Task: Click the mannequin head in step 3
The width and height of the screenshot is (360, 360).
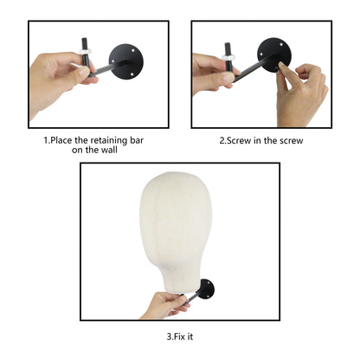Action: (x=176, y=231)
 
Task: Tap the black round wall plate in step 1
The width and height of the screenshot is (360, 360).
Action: (x=126, y=61)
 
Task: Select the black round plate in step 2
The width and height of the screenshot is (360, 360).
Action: (x=273, y=55)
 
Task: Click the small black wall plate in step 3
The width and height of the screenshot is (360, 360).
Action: (x=206, y=289)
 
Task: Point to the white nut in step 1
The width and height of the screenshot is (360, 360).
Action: (x=86, y=51)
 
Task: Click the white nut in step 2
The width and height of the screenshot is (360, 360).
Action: (x=228, y=57)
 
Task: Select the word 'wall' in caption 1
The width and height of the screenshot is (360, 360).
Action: (x=109, y=150)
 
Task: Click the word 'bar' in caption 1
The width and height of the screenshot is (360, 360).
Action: (x=136, y=140)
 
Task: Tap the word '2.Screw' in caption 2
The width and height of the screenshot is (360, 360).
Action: (x=235, y=141)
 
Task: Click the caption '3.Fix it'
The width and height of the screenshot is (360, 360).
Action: (x=180, y=337)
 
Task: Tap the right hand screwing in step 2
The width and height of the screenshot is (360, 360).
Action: (x=301, y=93)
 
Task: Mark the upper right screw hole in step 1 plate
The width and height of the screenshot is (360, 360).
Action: (x=132, y=50)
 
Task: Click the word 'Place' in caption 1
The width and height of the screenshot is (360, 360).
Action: (x=61, y=140)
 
